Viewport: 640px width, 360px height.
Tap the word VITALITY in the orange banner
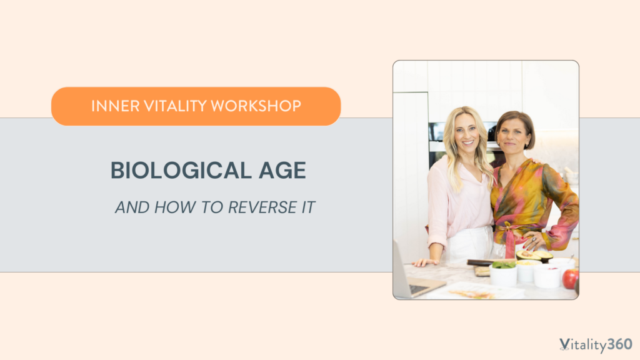[x=176, y=106]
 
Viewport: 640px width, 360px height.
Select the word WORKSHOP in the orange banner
[x=256, y=106]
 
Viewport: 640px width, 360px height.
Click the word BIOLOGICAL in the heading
[x=181, y=170]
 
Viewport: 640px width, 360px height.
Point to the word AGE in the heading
[x=282, y=170]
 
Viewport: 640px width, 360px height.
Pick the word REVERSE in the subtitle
[x=262, y=207]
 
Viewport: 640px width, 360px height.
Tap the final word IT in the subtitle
[x=308, y=207]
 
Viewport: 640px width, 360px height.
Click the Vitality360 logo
[x=596, y=345]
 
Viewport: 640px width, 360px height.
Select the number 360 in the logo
[x=619, y=344]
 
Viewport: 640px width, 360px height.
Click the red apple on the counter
[x=571, y=279]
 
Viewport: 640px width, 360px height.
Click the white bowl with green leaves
[x=503, y=274]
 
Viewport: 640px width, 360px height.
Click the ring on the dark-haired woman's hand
[x=534, y=239]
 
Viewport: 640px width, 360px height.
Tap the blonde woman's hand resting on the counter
[x=425, y=262]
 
